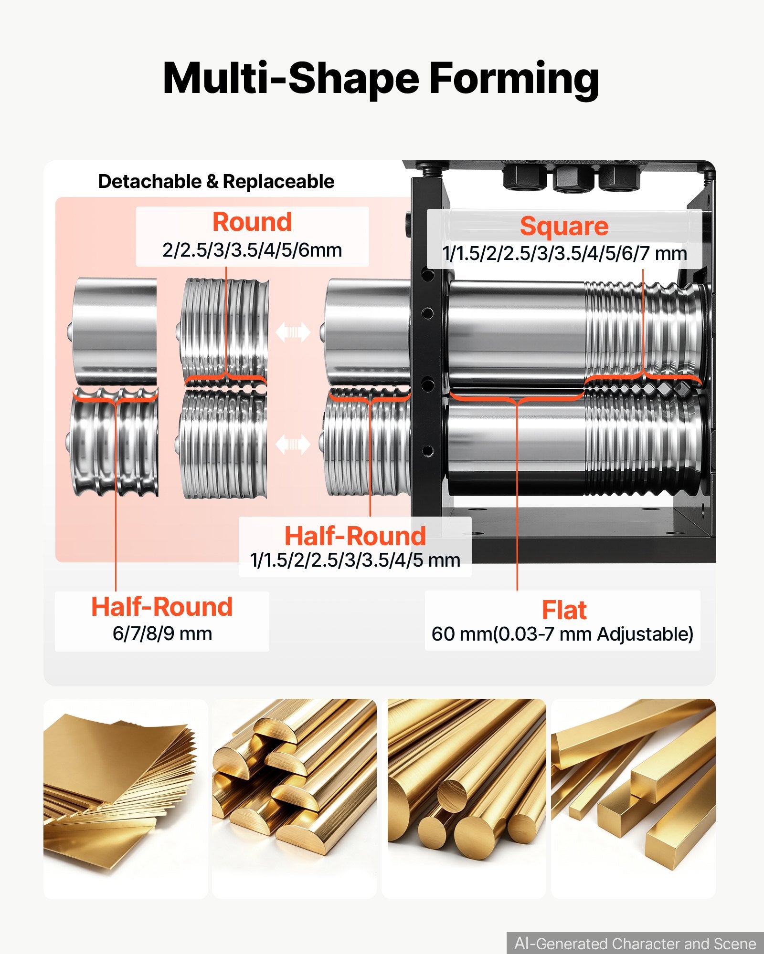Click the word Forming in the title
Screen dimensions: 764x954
(x=514, y=80)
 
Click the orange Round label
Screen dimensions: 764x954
(x=252, y=222)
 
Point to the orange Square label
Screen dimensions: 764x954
(x=564, y=226)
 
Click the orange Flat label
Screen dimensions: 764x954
(x=564, y=610)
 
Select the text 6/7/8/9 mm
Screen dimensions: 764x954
(x=162, y=633)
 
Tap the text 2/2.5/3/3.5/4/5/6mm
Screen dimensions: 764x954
(x=252, y=250)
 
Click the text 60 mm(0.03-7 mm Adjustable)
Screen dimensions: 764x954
(x=562, y=634)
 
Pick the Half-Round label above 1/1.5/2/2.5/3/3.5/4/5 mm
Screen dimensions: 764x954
(x=355, y=536)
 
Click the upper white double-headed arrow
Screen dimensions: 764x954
(x=293, y=332)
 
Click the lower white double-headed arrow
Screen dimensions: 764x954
(x=293, y=445)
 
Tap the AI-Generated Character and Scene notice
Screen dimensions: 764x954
(x=635, y=944)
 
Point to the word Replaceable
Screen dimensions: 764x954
(x=278, y=181)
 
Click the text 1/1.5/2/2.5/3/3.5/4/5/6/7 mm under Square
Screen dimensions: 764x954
(x=564, y=253)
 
